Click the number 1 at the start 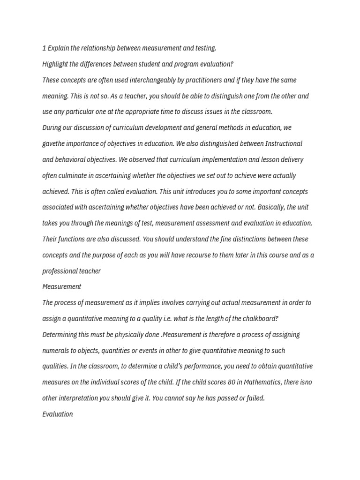tap(44, 48)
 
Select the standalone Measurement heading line tap(61, 287)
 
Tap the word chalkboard tap(258, 319)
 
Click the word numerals tap(56, 351)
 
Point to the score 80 tap(232, 382)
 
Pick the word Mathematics tap(263, 382)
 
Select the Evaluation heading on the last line tap(57, 414)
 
